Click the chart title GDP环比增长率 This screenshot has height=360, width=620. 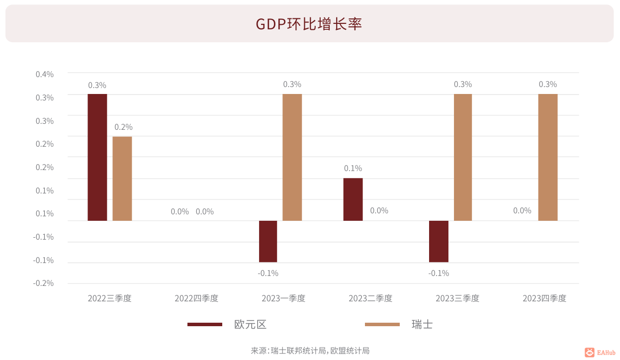pos(309,24)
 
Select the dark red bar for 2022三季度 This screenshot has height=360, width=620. pos(97,157)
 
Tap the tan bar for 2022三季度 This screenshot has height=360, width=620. pos(122,179)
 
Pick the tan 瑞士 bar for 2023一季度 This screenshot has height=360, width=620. pos(292,157)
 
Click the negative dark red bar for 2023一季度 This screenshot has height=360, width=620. pos(268,241)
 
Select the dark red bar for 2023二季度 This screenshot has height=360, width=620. pos(353,199)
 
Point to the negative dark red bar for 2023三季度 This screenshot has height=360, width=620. pos(439,241)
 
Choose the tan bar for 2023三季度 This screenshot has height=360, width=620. pos(463,157)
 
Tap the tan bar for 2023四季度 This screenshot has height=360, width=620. pos(548,157)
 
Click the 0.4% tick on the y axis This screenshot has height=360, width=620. pos(45,74)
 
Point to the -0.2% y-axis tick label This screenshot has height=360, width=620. pos(43,283)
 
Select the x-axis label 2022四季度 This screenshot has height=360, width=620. pos(196,298)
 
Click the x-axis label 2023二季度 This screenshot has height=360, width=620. pos(370,298)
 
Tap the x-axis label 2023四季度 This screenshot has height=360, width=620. pos(544,298)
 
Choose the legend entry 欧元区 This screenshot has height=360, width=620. pos(250,324)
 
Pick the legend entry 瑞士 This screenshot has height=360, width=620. pos(422,324)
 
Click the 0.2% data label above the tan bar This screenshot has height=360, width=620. pos(123,127)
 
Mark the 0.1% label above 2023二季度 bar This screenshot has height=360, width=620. pos(353,168)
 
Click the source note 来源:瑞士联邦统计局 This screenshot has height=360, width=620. pos(288,351)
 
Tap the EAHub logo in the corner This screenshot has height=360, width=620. pos(600,352)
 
